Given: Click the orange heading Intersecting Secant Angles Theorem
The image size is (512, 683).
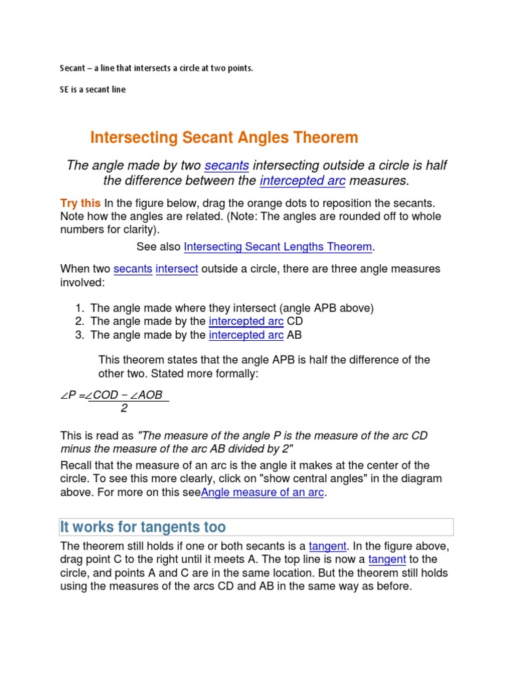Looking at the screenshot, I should [224, 138].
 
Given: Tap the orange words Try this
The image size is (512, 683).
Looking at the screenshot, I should [81, 203].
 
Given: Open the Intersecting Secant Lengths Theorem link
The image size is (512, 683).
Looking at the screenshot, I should [278, 247].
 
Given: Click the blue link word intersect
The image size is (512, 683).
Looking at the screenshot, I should [177, 269].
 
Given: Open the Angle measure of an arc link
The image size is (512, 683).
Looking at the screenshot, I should [263, 493].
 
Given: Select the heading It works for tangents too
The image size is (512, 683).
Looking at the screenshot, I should [143, 528].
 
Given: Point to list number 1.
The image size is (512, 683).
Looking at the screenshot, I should [79, 307].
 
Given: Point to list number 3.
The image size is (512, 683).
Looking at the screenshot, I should [79, 335].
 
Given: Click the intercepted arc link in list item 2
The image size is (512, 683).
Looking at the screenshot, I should [246, 321].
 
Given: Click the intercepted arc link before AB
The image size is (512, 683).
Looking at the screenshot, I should [246, 335].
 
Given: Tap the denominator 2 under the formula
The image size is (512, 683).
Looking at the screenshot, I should [123, 408].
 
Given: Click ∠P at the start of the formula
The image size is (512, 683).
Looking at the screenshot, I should [69, 396].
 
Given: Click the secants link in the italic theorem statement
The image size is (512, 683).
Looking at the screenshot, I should [227, 165].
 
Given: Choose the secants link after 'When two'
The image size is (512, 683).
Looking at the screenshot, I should [133, 269].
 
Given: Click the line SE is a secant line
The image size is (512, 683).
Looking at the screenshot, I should [93, 89].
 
